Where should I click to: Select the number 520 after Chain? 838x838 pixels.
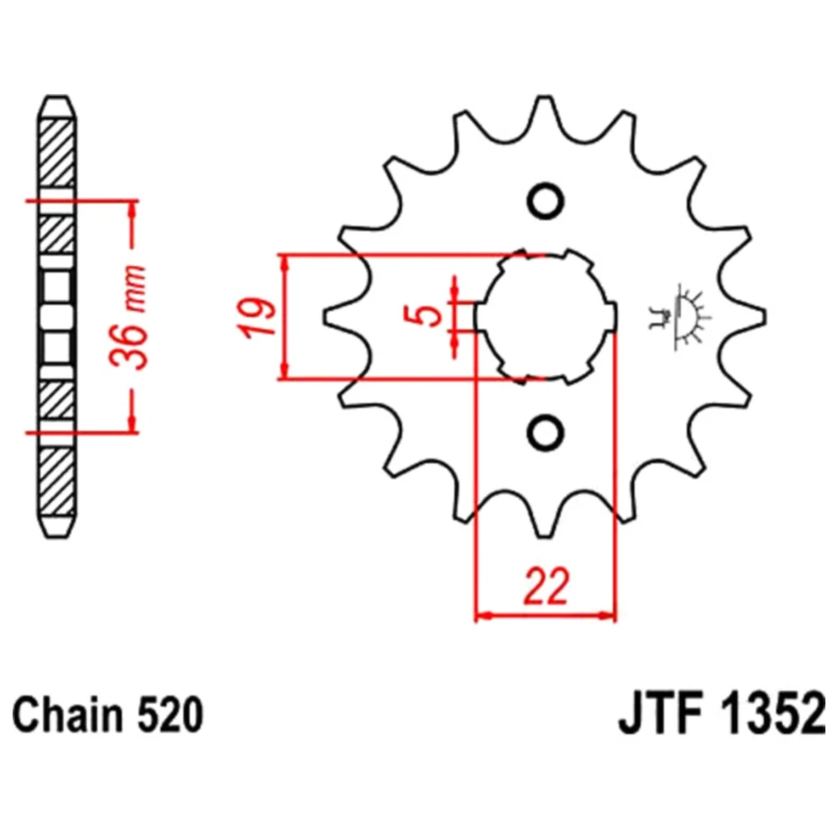click(171, 715)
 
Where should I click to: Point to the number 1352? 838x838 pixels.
click(773, 715)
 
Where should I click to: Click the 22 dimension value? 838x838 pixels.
click(546, 587)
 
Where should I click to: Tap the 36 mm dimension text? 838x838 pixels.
click(127, 317)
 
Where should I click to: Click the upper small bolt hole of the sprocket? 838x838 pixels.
click(546, 201)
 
